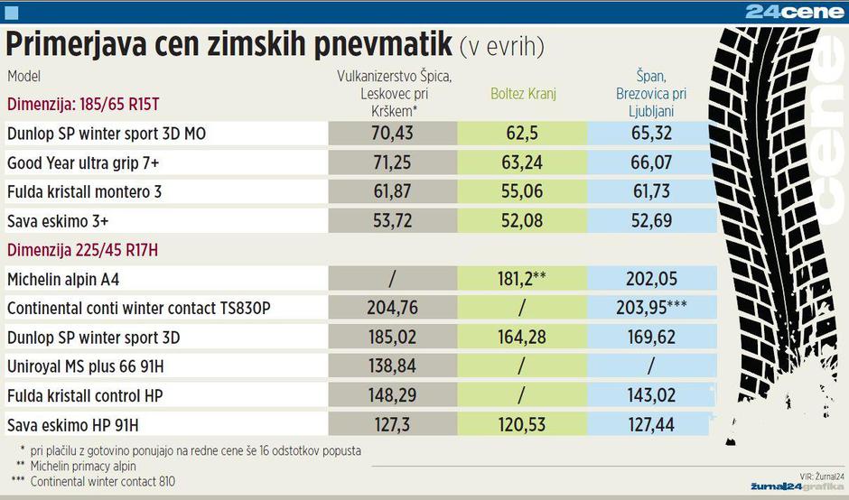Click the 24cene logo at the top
[794, 12]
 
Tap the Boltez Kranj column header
[524, 93]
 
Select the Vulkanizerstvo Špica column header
[393, 93]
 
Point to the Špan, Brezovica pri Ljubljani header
[651, 94]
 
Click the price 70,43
[392, 134]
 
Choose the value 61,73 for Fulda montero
[651, 192]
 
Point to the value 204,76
[392, 308]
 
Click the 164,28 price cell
[523, 338]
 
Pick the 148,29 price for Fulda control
[392, 395]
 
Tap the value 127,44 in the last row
[651, 424]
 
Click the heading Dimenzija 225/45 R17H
[82, 250]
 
